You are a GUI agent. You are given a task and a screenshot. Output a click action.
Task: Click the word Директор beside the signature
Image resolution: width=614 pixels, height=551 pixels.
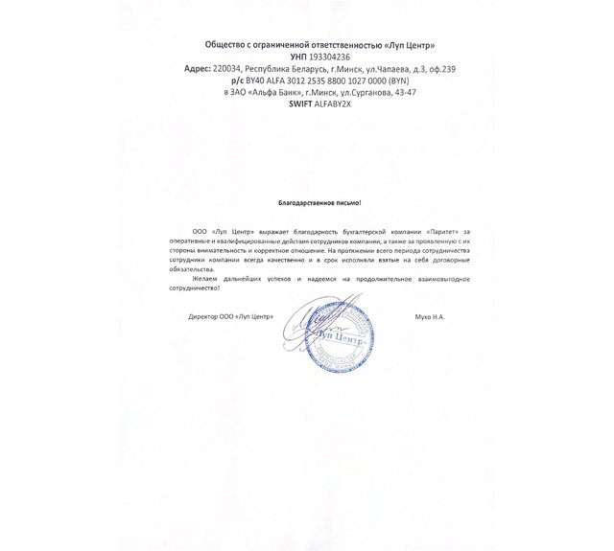point(204,315)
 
